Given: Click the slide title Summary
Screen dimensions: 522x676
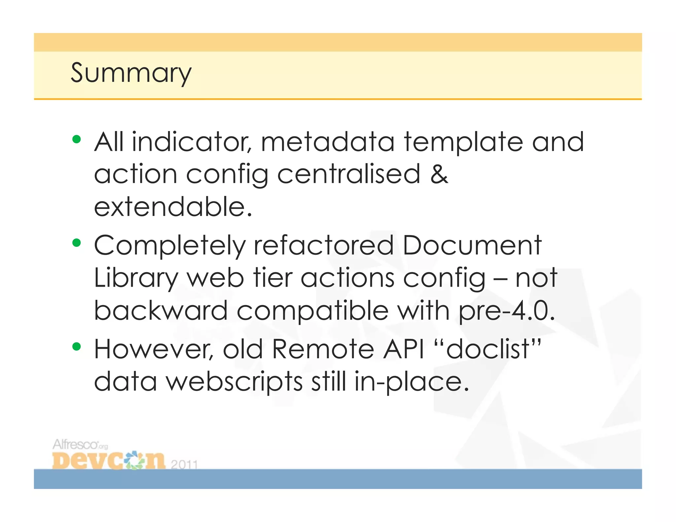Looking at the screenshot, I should (131, 73).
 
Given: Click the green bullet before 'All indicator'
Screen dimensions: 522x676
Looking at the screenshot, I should (77, 139).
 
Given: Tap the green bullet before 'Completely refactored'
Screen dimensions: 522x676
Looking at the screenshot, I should (77, 243).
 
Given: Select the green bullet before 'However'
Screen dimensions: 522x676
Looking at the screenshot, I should (77, 347).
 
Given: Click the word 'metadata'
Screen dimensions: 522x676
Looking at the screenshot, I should (327, 142).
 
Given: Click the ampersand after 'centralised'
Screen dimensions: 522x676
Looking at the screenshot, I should (439, 174).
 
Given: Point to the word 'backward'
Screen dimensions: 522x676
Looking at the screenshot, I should (161, 310).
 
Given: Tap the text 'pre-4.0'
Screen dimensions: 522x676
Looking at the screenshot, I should (506, 311).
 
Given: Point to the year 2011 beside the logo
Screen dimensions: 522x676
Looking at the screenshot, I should (184, 464).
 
